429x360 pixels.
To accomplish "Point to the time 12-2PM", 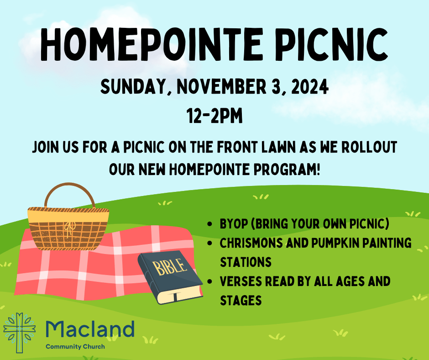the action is coord(214,116).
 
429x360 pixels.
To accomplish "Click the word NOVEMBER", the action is coord(222,86).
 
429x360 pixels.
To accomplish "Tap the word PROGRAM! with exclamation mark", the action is coord(287,169).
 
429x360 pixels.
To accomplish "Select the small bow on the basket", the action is coord(69,228).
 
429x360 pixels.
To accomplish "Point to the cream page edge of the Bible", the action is coord(181,296).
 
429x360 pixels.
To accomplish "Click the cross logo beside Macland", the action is coord(20,332).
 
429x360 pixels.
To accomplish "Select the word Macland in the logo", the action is coord(90,329).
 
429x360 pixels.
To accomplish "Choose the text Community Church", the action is coord(75,347).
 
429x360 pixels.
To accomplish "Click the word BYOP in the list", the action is coord(234,223).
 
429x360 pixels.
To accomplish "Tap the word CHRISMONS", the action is coord(251,243).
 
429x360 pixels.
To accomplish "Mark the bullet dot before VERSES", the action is coord(210,281).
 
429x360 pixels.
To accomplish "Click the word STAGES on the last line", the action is coord(241,300).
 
